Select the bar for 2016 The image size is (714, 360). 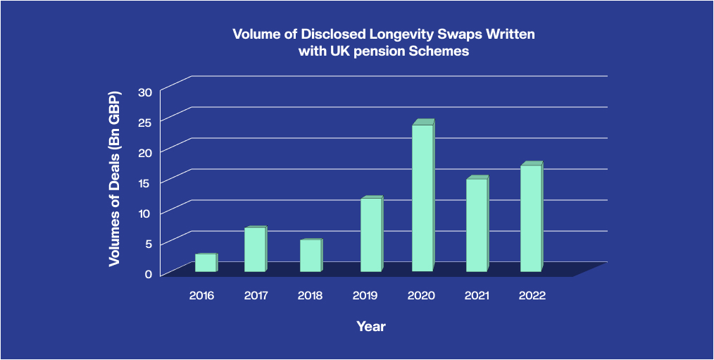pyautogui.click(x=205, y=263)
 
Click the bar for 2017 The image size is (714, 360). pyautogui.click(x=254, y=249)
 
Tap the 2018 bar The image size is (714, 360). pyautogui.click(x=310, y=256)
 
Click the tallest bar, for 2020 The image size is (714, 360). pyautogui.click(x=422, y=198)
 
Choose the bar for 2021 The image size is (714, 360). pyautogui.click(x=476, y=225)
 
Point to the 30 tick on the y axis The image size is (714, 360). pyautogui.click(x=145, y=92)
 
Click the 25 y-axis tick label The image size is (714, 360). pyautogui.click(x=145, y=123)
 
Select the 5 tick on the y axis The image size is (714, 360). pyautogui.click(x=148, y=243)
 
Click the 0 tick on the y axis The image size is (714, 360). pyautogui.click(x=148, y=273)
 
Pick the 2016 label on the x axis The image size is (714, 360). pyautogui.click(x=201, y=296)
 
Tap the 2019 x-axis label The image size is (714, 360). pyautogui.click(x=365, y=296)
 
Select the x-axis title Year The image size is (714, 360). pyautogui.click(x=371, y=326)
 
